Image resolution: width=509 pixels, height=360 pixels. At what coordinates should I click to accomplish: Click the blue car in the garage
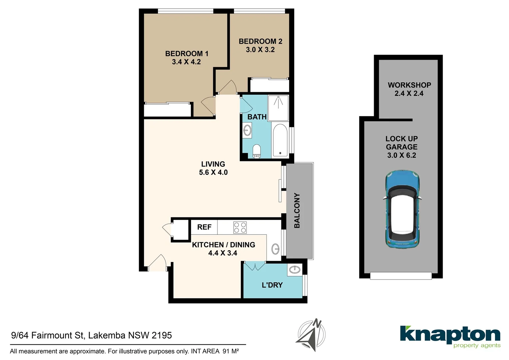click(x=402, y=209)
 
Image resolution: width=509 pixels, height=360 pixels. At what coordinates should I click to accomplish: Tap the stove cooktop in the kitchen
click(x=240, y=227)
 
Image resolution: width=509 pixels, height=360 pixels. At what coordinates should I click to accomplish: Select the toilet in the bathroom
click(x=256, y=151)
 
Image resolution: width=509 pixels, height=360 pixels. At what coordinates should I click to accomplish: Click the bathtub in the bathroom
click(x=280, y=140)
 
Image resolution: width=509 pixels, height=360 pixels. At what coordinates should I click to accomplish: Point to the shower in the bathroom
click(x=278, y=108)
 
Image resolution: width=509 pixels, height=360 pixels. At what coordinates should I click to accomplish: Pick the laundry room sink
click(x=295, y=269)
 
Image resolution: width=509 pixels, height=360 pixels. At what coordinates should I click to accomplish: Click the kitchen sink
click(x=275, y=249)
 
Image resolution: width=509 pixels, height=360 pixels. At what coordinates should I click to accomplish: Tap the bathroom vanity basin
click(x=247, y=130)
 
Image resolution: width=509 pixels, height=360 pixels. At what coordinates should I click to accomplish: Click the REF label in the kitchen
click(x=204, y=227)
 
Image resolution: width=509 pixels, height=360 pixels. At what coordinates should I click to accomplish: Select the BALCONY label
click(x=297, y=210)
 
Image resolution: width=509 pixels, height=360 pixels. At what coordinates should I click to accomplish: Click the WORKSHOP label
click(x=409, y=85)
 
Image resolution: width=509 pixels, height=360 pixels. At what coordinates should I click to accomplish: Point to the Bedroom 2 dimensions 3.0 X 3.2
click(x=260, y=50)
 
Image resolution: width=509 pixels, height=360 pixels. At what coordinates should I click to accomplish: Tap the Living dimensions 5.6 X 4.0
click(x=213, y=173)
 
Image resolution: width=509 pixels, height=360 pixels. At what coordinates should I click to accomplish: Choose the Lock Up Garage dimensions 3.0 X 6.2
click(x=401, y=155)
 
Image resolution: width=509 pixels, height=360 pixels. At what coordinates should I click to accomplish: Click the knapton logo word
click(x=450, y=334)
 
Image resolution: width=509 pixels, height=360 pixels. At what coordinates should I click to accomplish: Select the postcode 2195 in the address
click(x=162, y=335)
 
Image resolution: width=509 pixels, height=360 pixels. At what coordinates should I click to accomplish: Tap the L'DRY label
click(x=272, y=285)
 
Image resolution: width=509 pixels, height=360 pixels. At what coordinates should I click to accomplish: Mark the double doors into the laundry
click(x=254, y=266)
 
